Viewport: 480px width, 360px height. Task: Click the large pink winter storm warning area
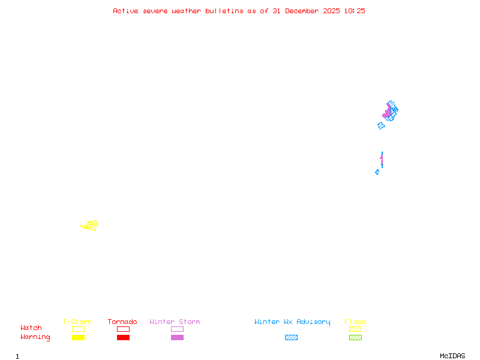388,112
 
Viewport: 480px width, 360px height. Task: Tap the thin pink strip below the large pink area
382,160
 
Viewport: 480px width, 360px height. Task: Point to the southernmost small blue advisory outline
377,172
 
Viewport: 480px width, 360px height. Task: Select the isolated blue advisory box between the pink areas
381,125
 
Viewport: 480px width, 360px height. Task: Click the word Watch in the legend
31,328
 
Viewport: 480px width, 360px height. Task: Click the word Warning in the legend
35,337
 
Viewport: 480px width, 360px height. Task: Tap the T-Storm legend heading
77,322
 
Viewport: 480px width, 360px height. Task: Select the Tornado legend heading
122,322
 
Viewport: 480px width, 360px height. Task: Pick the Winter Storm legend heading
175,322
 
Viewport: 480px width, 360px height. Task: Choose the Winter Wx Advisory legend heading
292,322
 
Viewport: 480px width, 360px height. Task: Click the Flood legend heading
355,322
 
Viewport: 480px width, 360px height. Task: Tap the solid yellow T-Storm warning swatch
78,337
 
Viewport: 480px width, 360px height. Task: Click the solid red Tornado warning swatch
123,337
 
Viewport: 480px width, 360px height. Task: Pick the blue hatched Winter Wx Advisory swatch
291,337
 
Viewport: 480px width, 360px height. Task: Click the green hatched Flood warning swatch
355,337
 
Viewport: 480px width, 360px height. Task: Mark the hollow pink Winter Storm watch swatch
177,329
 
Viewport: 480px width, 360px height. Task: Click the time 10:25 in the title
355,11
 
